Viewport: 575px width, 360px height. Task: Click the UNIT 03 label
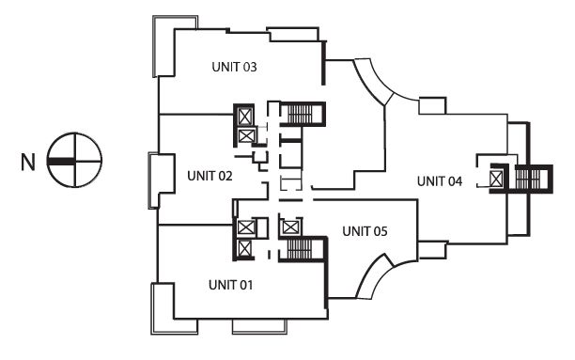234,67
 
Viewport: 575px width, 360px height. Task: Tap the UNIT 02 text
210,176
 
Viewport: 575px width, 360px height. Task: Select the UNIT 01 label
231,285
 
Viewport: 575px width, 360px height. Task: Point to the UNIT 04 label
440,180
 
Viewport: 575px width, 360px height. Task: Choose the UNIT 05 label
365,231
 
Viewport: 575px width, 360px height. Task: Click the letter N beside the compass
28,162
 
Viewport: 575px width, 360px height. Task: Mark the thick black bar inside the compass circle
61,161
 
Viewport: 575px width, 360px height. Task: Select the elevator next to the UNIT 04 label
496,180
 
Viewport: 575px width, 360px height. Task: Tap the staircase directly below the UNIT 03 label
301,114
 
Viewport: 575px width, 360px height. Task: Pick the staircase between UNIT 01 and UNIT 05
300,249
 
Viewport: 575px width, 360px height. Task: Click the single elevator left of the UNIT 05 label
290,227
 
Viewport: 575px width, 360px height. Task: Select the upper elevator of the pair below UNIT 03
244,117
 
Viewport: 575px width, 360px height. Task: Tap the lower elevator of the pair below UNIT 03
246,136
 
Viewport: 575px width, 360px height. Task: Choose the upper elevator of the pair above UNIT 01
244,227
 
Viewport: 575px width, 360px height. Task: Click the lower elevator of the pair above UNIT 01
244,248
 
